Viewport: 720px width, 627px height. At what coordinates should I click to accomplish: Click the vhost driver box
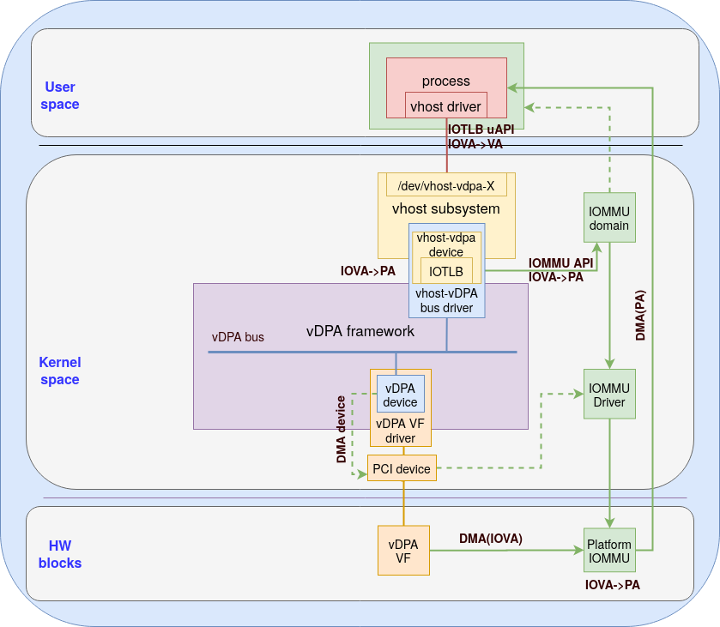pyautogui.click(x=446, y=106)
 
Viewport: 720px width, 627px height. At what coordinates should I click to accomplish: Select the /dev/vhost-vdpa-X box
pyautogui.click(x=446, y=185)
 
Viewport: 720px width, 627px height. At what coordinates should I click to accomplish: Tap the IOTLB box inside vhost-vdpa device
pyautogui.click(x=446, y=271)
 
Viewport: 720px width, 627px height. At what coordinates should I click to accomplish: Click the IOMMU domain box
pyautogui.click(x=609, y=218)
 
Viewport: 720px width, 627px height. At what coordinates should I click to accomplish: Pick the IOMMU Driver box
pyautogui.click(x=609, y=395)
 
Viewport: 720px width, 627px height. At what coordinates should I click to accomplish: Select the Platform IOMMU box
pyautogui.click(x=609, y=552)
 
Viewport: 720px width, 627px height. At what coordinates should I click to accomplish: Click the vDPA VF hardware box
pyautogui.click(x=403, y=551)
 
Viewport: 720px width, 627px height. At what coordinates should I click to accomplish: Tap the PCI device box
pyautogui.click(x=402, y=468)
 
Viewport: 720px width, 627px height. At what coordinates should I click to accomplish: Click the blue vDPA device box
pyautogui.click(x=401, y=395)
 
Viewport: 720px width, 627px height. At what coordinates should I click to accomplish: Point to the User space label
pyautogui.click(x=60, y=95)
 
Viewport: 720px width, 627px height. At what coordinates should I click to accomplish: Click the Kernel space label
pyautogui.click(x=59, y=371)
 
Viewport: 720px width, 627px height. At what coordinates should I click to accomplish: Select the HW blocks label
pyautogui.click(x=60, y=554)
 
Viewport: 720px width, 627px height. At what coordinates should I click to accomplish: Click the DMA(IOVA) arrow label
pyautogui.click(x=490, y=539)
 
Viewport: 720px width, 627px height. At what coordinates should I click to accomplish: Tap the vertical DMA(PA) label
pyautogui.click(x=640, y=315)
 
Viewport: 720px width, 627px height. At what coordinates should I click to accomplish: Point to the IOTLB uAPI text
pyautogui.click(x=481, y=130)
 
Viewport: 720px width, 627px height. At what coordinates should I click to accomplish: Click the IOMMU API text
pyautogui.click(x=560, y=263)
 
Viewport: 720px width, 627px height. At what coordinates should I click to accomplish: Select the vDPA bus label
pyautogui.click(x=238, y=337)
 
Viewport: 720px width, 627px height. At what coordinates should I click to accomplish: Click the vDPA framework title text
pyautogui.click(x=360, y=331)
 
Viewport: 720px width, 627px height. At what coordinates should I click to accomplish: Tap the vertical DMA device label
pyautogui.click(x=342, y=429)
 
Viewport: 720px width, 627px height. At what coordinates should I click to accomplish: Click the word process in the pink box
pyautogui.click(x=446, y=81)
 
